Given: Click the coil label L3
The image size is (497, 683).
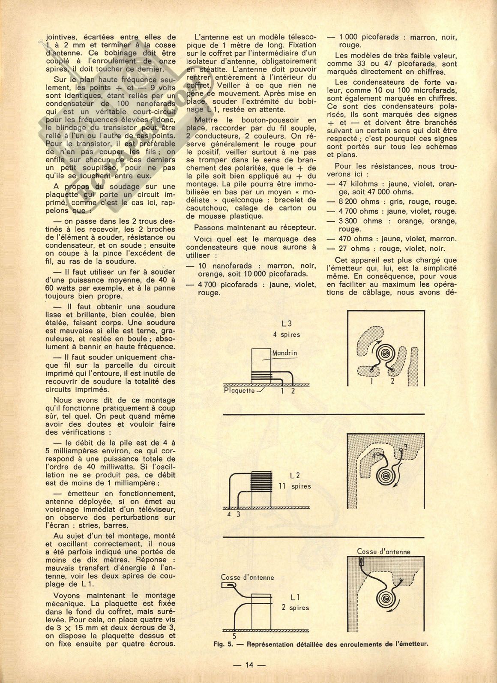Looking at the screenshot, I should coord(287,324).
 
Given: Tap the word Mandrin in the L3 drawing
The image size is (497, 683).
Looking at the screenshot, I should coord(285,353).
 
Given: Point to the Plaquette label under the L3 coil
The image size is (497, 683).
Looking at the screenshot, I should coord(239,390).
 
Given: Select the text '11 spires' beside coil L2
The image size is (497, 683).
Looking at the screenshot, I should coord(295,486).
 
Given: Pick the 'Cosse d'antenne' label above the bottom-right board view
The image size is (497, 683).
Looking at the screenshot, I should coord(383,552).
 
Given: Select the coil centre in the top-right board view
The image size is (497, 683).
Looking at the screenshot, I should coord(386,353).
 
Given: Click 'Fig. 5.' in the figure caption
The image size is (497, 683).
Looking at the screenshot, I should coord(223,644).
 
